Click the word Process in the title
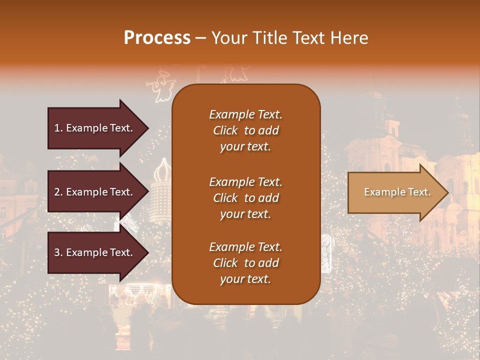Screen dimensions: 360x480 [x=157, y=38]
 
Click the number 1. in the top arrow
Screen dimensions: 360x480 [x=58, y=128]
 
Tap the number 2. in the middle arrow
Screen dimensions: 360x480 [x=58, y=192]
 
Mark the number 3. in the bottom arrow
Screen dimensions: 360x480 [x=58, y=252]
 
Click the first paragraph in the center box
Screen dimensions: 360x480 [x=245, y=130]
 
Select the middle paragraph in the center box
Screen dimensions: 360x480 [x=245, y=198]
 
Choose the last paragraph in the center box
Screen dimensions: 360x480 [x=245, y=263]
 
